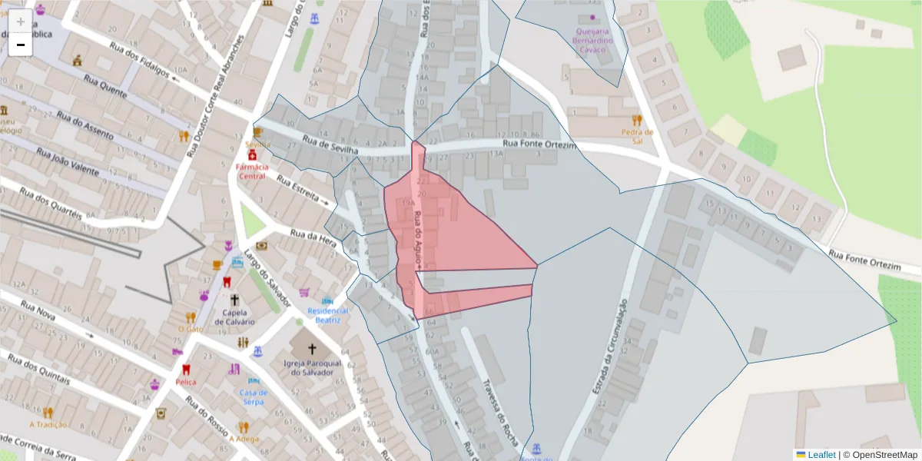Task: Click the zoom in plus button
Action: point(21,22)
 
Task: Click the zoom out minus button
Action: point(21,45)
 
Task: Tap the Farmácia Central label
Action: point(252,171)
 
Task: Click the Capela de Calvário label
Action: point(234,317)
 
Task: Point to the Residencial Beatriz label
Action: point(328,315)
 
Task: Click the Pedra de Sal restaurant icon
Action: point(637,120)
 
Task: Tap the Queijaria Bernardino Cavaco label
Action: point(592,40)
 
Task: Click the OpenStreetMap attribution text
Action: point(880,454)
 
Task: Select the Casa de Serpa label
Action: point(253,397)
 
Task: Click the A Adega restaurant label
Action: point(244,439)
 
